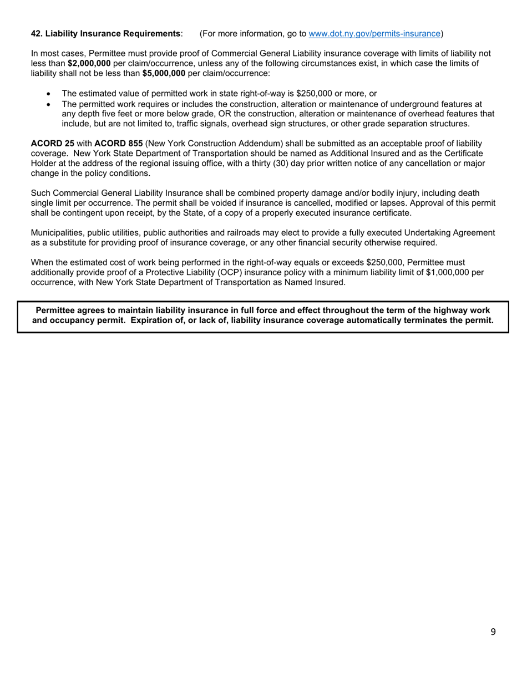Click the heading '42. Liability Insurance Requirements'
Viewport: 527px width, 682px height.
[x=105, y=34]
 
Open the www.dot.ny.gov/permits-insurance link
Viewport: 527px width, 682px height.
[x=374, y=34]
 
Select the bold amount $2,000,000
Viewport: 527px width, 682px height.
[x=89, y=64]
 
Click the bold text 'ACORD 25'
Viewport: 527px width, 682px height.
[x=52, y=144]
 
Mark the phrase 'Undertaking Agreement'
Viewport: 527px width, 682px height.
[x=449, y=233]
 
